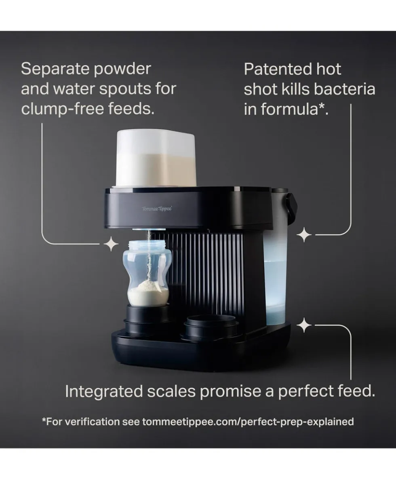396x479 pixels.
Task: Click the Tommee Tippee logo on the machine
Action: (157, 209)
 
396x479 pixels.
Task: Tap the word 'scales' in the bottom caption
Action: (172, 391)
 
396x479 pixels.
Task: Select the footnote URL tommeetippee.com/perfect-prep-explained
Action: (248, 422)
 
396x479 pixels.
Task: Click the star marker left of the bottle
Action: (111, 244)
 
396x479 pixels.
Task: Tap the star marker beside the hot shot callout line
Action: (304, 235)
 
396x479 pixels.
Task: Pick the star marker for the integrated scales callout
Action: (304, 325)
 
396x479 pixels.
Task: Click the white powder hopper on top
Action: (156, 158)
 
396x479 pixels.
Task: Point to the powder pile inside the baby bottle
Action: (148, 292)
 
